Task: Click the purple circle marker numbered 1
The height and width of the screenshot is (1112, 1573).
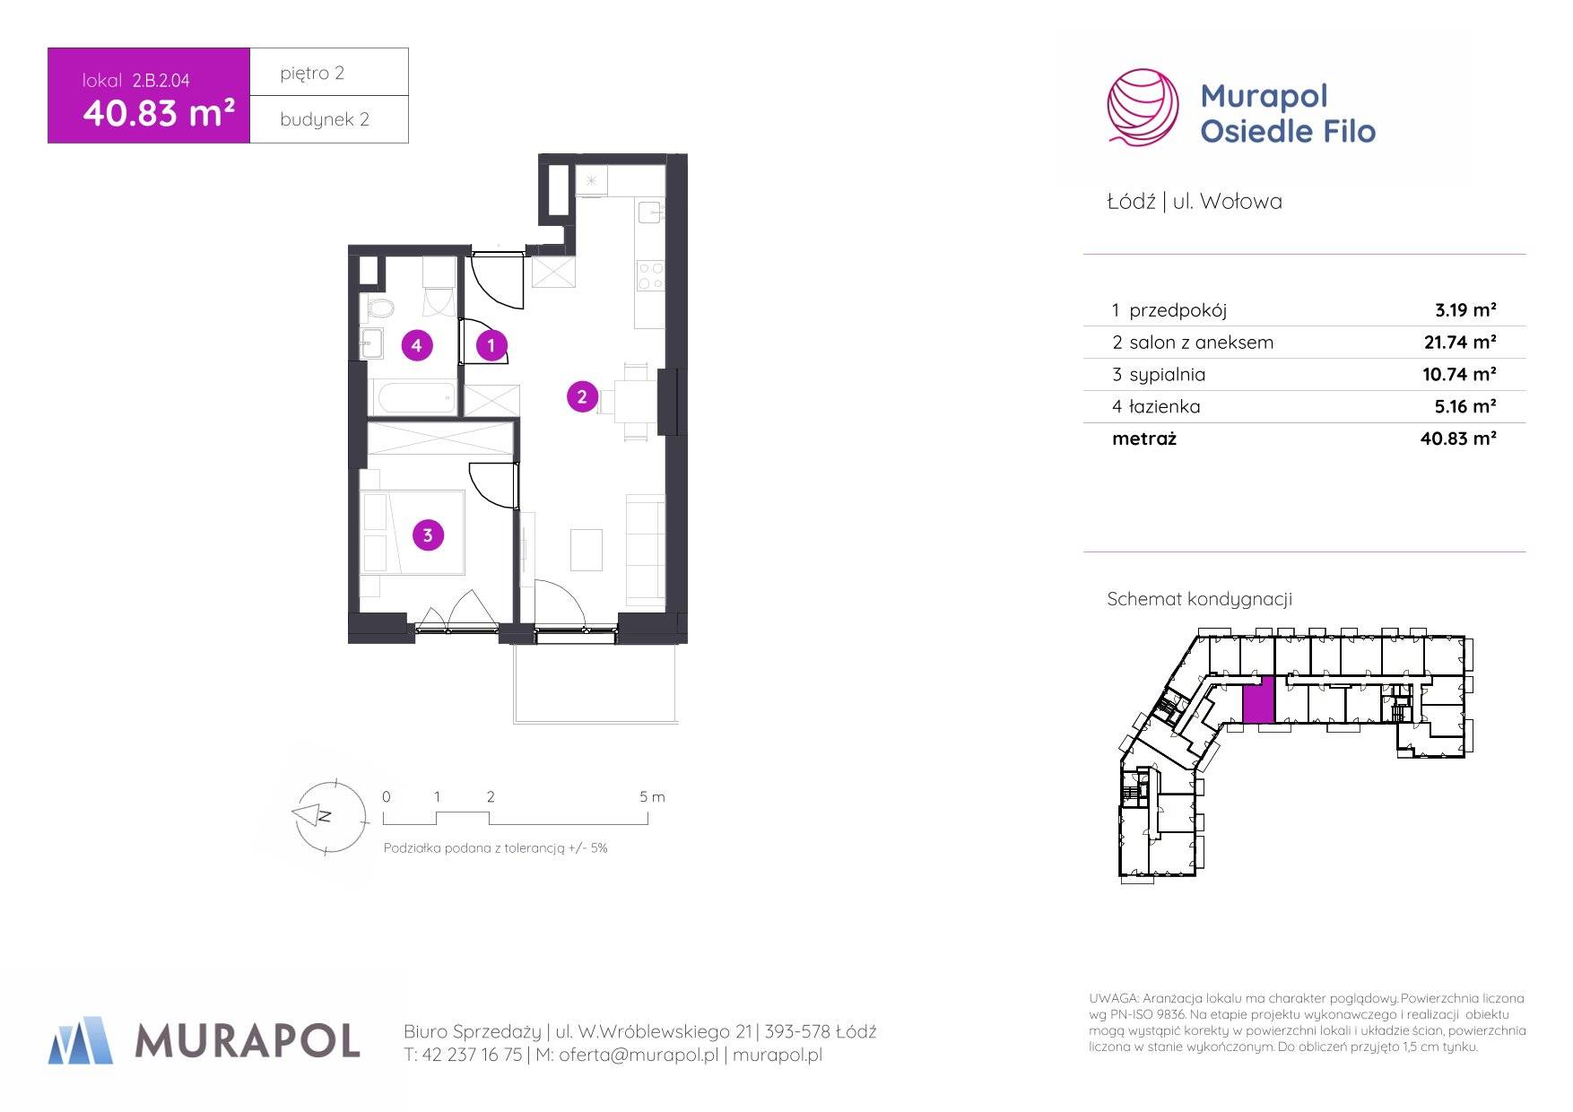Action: pos(491,345)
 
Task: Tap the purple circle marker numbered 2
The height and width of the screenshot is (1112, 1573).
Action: pos(582,396)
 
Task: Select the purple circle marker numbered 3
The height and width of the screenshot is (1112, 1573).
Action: pos(428,535)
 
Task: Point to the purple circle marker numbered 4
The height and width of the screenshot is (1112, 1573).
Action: pos(416,345)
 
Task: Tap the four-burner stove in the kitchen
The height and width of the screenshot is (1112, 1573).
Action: pos(650,275)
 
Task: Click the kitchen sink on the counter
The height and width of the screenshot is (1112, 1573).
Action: pos(650,213)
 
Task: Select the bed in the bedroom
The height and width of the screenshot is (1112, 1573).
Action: pos(413,533)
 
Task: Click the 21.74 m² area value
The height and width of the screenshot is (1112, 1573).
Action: pos(1459,342)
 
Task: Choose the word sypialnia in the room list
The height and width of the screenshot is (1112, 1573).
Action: pos(1167,375)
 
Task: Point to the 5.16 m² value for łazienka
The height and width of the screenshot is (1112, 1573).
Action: pos(1465,406)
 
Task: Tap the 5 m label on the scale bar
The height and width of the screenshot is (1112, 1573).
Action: pos(652,796)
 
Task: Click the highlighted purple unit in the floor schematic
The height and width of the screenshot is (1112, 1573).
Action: pos(1258,701)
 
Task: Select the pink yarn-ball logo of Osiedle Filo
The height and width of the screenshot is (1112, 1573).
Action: pos(1143,107)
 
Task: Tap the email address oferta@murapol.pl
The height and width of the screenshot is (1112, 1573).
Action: pos(639,1056)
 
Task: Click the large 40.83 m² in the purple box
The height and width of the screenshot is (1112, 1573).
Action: pos(159,113)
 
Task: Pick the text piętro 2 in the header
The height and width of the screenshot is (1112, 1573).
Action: pos(312,74)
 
